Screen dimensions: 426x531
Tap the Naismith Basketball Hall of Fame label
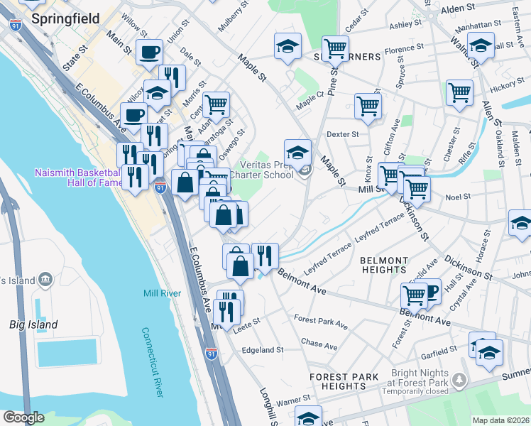pos(77,178)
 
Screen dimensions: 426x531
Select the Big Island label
pos(33,324)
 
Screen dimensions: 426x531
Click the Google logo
pos(23,417)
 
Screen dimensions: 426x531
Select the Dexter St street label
pos(343,133)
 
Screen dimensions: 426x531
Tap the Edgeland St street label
pos(262,349)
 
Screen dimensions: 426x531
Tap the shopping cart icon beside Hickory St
pos(460,91)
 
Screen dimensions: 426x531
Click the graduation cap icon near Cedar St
pos(287,47)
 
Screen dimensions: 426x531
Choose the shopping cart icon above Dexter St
pos(368,105)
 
